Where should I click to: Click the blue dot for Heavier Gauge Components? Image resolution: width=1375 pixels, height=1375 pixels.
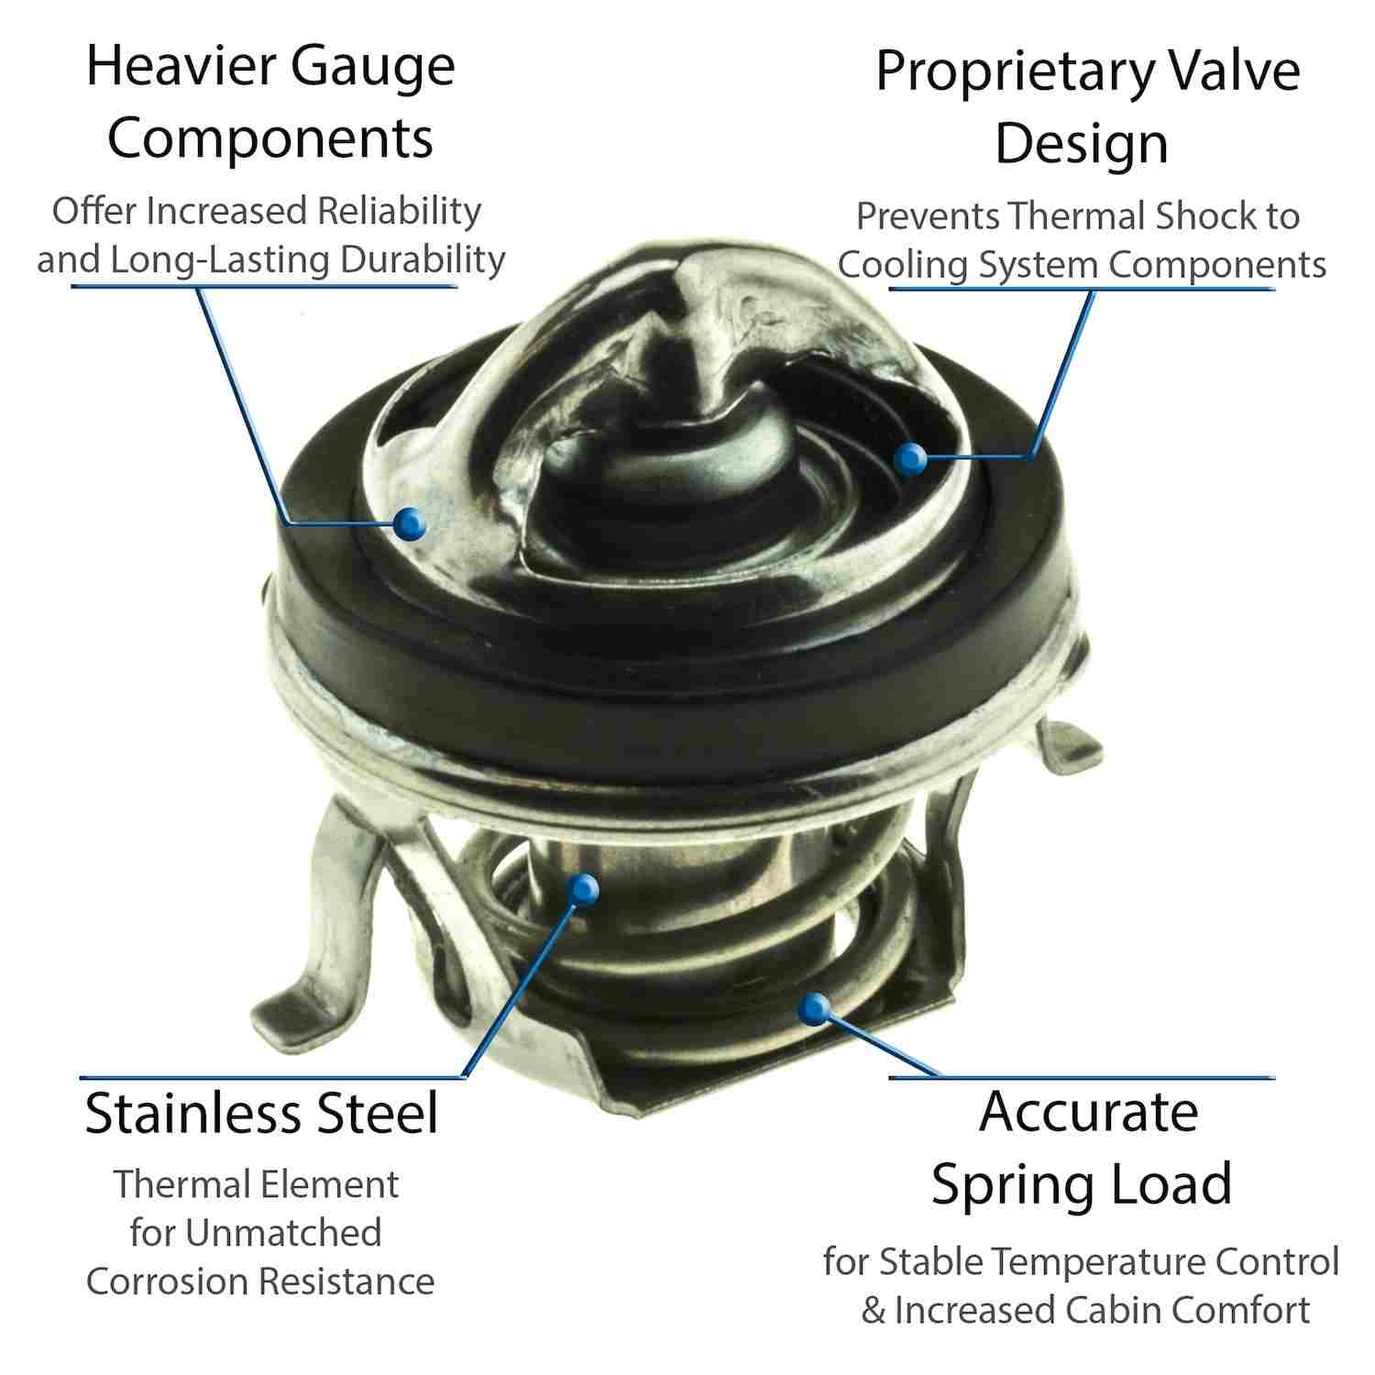point(409,522)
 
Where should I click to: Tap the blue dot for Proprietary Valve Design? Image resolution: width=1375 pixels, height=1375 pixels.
point(908,458)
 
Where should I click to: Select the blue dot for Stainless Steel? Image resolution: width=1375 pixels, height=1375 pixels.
point(582,887)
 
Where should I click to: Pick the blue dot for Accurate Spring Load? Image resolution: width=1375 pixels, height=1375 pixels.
point(810,1009)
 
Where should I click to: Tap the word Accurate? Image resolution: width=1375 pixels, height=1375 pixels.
point(1088,1112)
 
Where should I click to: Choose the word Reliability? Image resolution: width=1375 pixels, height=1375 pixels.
point(400,211)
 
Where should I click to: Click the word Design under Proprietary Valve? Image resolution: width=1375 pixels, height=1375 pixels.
point(1083,143)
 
